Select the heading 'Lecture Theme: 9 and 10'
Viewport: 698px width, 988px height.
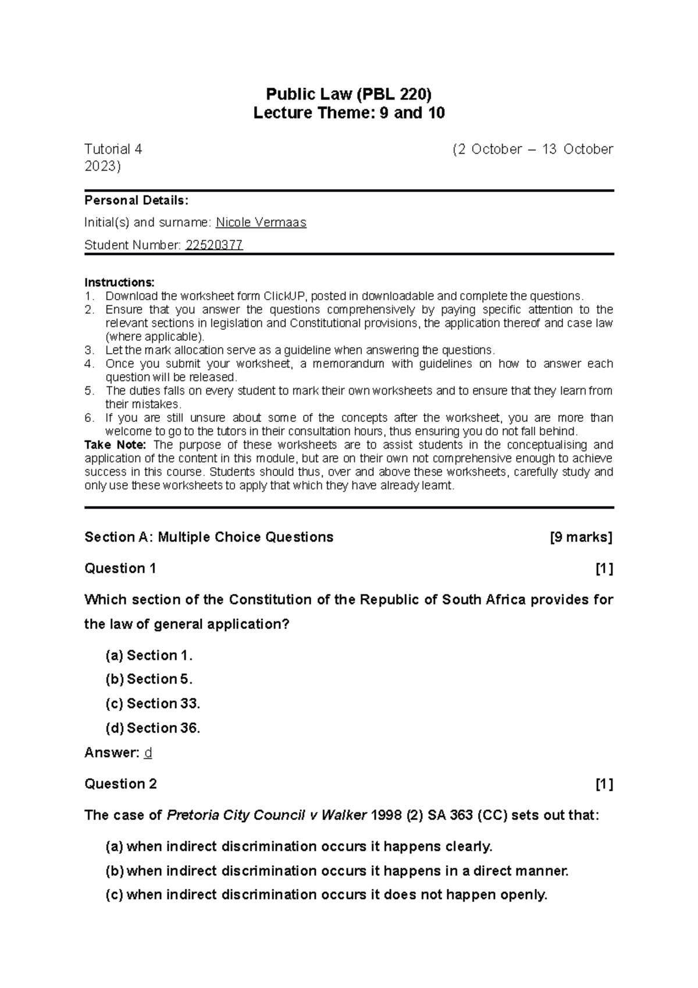coord(349,113)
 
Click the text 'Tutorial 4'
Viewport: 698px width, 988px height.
coord(113,150)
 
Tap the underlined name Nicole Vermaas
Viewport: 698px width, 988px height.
coord(261,222)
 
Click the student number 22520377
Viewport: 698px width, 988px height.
coord(213,245)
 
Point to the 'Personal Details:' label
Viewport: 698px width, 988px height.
coord(136,201)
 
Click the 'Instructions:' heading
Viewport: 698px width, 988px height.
coord(119,283)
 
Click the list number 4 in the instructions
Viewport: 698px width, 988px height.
coord(88,364)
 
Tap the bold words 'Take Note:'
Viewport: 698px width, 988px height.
coord(115,445)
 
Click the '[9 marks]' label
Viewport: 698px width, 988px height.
coord(581,537)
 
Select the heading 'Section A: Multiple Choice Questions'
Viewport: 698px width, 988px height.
coord(209,537)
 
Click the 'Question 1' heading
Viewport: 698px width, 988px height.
coord(120,568)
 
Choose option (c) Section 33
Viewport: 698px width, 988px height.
coord(152,704)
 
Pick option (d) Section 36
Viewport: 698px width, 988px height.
coord(152,728)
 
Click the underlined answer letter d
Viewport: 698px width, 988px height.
coord(148,753)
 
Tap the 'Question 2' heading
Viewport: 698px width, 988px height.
coord(120,784)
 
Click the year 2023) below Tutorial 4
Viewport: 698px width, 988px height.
coord(102,167)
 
